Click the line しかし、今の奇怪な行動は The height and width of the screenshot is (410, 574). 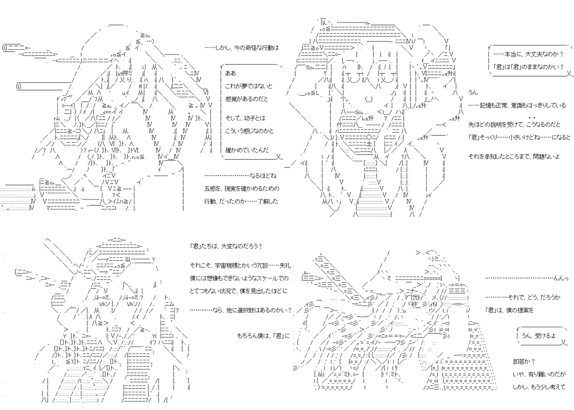point(242,48)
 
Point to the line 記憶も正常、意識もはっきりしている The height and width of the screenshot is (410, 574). point(517,105)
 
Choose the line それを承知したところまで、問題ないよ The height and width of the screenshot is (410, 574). point(515,156)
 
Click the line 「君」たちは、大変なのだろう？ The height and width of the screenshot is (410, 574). point(226,246)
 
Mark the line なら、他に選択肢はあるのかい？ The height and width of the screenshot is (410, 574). point(242,310)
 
